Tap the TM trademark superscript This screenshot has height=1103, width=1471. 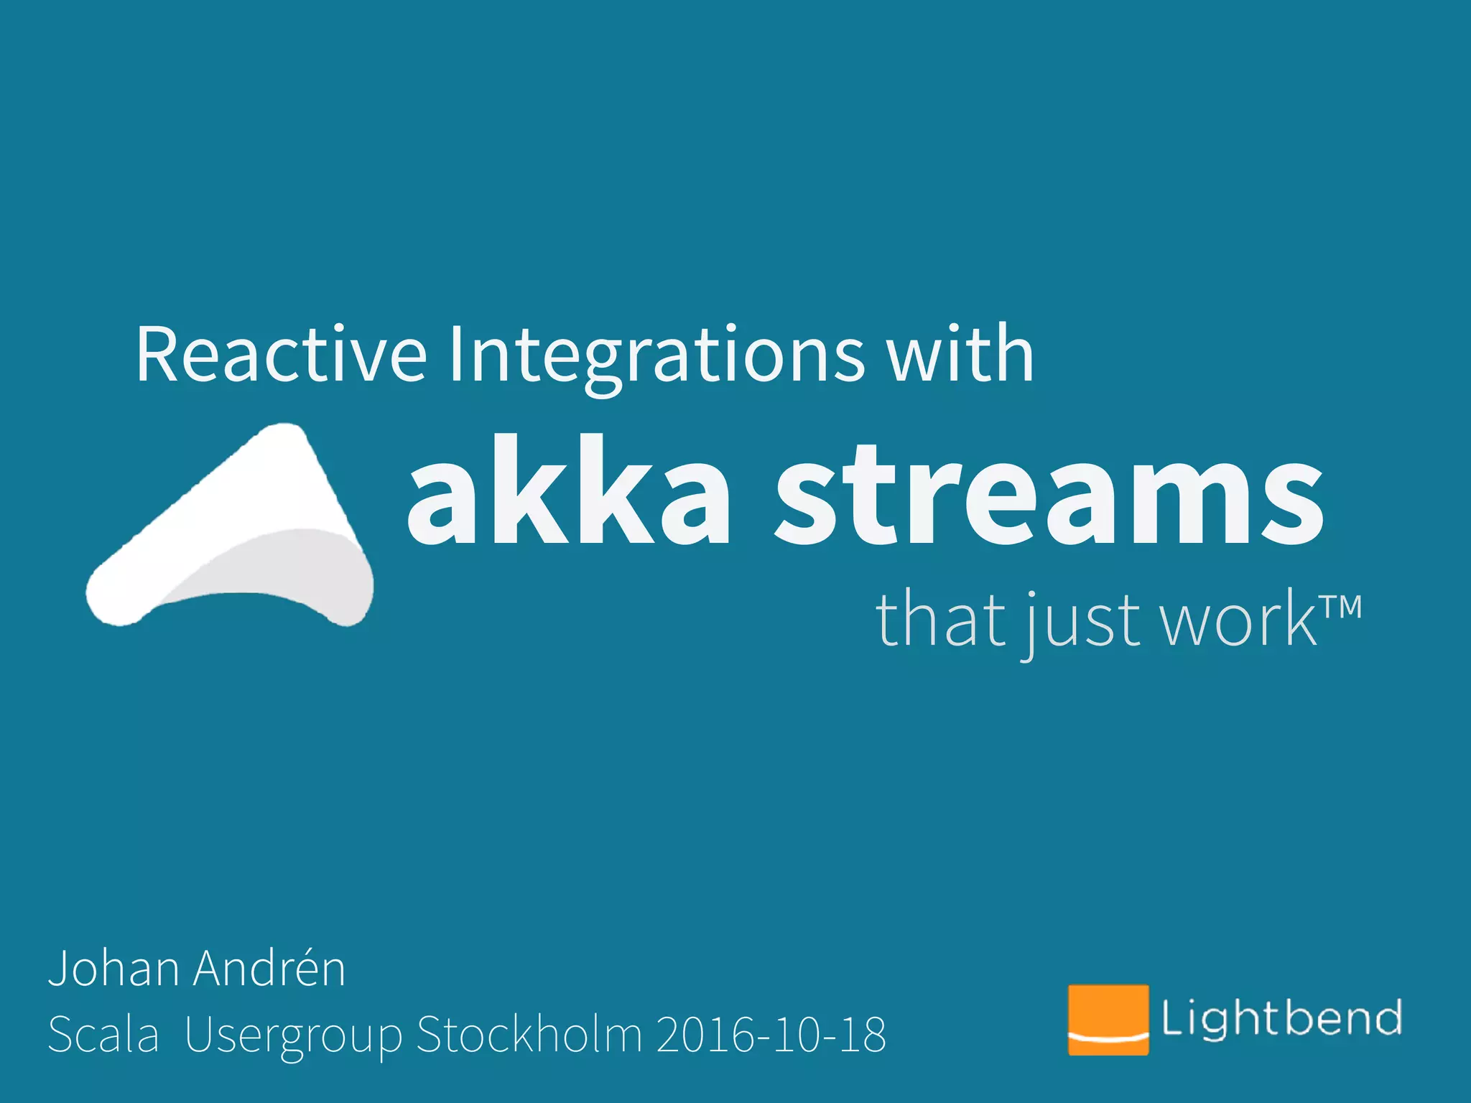pyautogui.click(x=1340, y=608)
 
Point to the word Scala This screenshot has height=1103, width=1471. pyautogui.click(x=103, y=1035)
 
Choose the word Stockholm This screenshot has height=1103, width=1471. pyautogui.click(x=529, y=1035)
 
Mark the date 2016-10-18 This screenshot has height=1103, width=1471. pyautogui.click(x=771, y=1035)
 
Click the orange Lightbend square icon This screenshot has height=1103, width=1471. pyautogui.click(x=1108, y=1020)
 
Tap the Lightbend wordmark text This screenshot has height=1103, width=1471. pyautogui.click(x=1281, y=1018)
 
